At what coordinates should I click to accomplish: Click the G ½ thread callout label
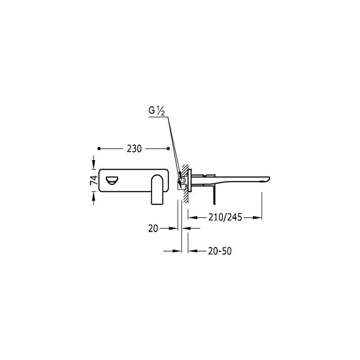pos(157,111)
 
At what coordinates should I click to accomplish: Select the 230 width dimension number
pos(134,149)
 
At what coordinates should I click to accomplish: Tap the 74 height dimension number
pos(94,180)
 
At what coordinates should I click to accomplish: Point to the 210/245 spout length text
pos(225,217)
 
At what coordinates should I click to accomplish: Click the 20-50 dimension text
pos(220,251)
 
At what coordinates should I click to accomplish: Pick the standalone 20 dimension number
pos(153,229)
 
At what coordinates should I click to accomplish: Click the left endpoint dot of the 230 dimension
pos(99,148)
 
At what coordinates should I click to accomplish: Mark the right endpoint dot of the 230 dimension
pos(168,148)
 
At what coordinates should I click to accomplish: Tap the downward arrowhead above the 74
pos(94,164)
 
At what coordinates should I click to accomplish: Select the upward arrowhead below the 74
pos(94,197)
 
